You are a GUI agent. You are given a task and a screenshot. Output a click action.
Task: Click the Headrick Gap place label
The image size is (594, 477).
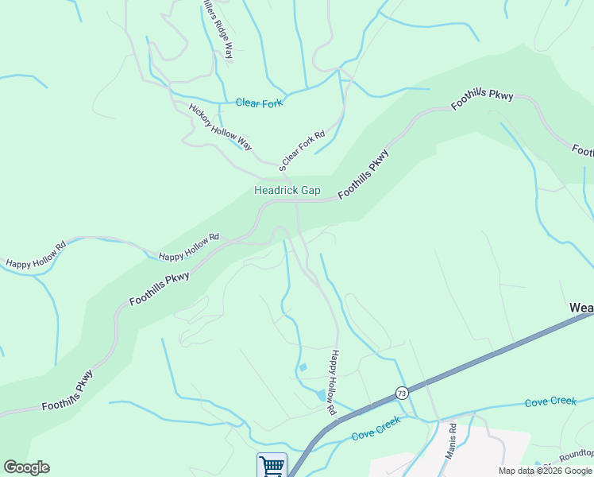coord(287,190)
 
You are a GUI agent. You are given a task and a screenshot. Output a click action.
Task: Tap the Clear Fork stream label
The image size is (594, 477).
coord(260,103)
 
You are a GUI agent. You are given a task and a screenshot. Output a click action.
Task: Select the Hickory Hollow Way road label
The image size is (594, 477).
coord(220,126)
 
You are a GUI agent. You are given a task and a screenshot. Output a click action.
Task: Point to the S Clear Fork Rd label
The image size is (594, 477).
coord(303,150)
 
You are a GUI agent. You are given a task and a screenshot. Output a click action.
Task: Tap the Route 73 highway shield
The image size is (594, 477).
coord(402,393)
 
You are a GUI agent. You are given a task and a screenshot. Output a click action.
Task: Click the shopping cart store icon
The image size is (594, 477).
coord(272,465)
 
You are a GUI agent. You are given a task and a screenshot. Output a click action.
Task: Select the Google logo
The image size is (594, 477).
coord(26,467)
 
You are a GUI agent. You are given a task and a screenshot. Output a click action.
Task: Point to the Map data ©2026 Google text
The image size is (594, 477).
coord(545,471)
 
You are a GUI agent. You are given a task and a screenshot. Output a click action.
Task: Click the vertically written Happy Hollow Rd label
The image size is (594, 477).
coord(333,382)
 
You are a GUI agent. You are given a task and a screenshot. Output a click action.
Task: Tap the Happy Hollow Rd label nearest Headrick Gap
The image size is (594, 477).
coord(188,247)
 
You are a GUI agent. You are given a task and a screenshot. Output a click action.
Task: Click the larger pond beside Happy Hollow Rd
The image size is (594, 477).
coord(321,394)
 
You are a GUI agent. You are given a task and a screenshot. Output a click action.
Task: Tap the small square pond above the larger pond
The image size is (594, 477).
coord(303,367)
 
